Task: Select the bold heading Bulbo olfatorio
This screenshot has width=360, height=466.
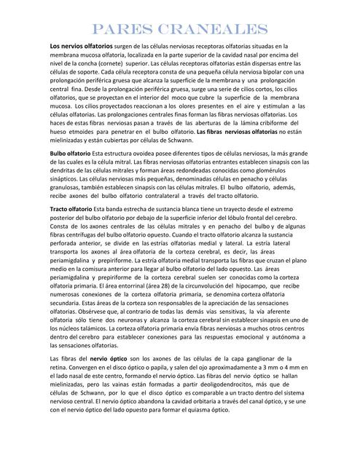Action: click(x=71, y=155)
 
